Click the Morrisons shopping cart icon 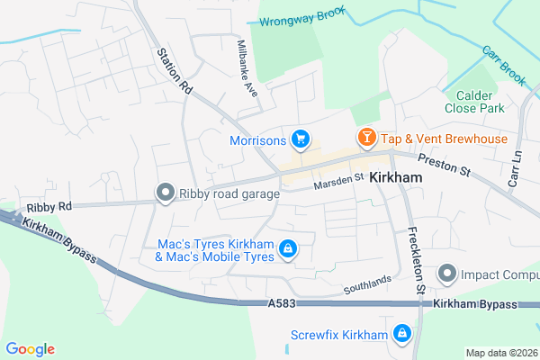pyautogui.click(x=301, y=139)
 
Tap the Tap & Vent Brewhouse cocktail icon pyautogui.click(x=366, y=139)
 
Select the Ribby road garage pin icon pyautogui.click(x=165, y=192)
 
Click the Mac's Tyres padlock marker pyautogui.click(x=288, y=248)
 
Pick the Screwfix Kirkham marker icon pyautogui.click(x=402, y=336)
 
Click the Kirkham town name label pyautogui.click(x=396, y=178)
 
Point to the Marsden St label pyautogui.click(x=337, y=183)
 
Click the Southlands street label pyautogui.click(x=367, y=287)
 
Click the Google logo pyautogui.click(x=30, y=349)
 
